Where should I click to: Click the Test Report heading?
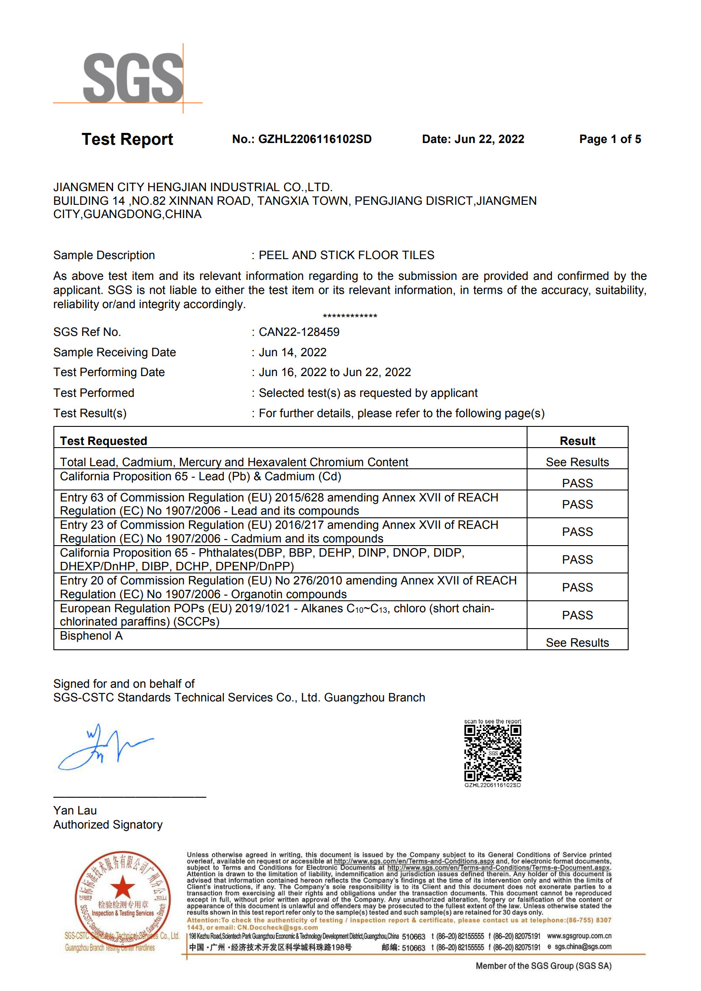pyautogui.click(x=127, y=139)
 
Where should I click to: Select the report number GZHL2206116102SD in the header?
pyautogui.click(x=315, y=139)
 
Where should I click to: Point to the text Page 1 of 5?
pyautogui.click(x=610, y=139)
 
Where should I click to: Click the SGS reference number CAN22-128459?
pyautogui.click(x=299, y=332)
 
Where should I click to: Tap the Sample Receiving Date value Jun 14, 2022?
pyautogui.click(x=292, y=352)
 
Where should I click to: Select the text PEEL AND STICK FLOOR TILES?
pyautogui.click(x=346, y=255)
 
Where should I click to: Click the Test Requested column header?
pyautogui.click(x=103, y=441)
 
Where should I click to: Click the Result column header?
pyautogui.click(x=577, y=441)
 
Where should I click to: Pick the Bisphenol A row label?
pyautogui.click(x=91, y=636)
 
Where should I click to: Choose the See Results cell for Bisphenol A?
pyautogui.click(x=577, y=643)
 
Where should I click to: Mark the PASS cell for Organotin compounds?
pyautogui.click(x=577, y=588)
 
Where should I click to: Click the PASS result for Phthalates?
pyautogui.click(x=577, y=560)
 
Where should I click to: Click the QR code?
pyautogui.click(x=492, y=753)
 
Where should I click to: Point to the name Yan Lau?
pyautogui.click(x=75, y=810)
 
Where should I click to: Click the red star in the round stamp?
pyautogui.click(x=122, y=886)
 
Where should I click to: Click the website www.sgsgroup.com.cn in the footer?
pyautogui.click(x=579, y=936)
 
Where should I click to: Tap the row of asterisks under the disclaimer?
pyautogui.click(x=350, y=317)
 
